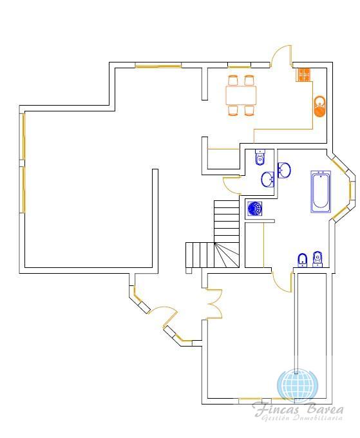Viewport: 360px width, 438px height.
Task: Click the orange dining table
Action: [x=241, y=95]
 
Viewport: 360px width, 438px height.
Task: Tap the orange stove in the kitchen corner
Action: [x=303, y=75]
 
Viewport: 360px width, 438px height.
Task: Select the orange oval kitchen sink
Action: [x=320, y=106]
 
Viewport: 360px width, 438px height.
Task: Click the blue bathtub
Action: [x=321, y=192]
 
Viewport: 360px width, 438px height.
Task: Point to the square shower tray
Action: [x=255, y=209]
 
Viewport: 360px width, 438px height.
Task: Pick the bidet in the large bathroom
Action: [x=302, y=260]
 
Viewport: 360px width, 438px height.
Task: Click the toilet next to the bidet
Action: [x=317, y=259]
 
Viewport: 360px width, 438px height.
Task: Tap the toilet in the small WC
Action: [x=260, y=157]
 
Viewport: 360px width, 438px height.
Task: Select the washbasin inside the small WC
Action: [x=268, y=179]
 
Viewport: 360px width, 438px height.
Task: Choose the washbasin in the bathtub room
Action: [x=284, y=170]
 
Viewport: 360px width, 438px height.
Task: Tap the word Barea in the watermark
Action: [x=325, y=409]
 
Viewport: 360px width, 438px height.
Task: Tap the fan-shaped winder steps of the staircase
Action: [x=227, y=255]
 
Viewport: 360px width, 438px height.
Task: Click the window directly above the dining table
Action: [x=239, y=66]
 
